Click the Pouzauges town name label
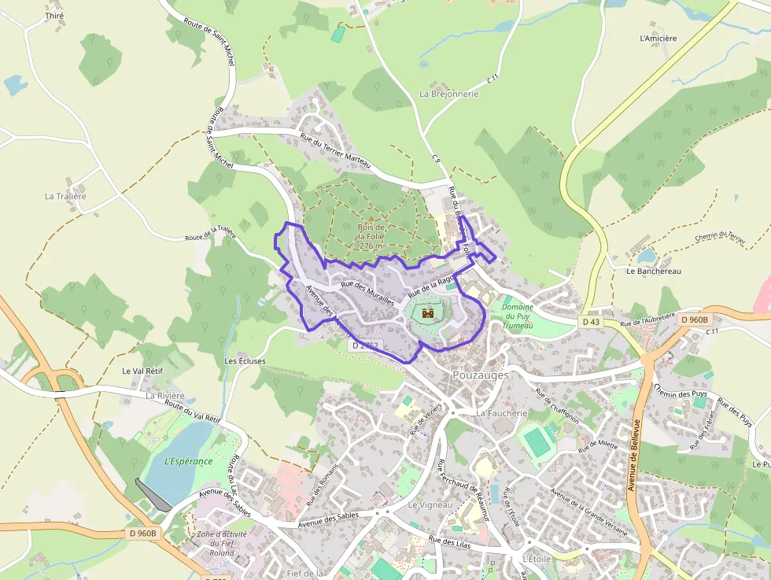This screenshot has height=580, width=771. (481, 375)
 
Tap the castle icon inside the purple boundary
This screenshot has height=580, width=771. (429, 312)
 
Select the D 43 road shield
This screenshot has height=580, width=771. (591, 322)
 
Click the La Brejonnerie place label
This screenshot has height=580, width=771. (448, 94)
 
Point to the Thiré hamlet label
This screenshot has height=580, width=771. (54, 16)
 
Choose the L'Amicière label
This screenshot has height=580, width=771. (658, 37)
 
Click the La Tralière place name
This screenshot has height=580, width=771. (65, 196)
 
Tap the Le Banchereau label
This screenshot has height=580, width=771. (653, 271)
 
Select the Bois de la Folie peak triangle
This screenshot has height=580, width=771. (371, 217)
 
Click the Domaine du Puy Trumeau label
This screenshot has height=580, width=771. (518, 316)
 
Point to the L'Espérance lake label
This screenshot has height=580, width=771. (189, 461)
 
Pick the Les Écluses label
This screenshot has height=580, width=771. (245, 361)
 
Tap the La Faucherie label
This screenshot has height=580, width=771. (501, 412)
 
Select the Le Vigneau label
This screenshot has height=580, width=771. (430, 504)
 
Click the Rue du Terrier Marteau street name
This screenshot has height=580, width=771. (336, 151)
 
